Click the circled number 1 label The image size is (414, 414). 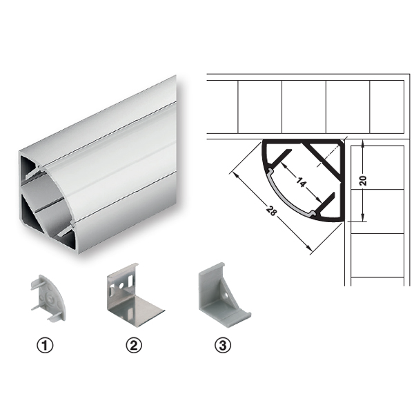tap(45, 346)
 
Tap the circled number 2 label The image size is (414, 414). tap(134, 346)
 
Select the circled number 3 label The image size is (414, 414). tap(223, 346)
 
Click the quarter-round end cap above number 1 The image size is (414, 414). tap(48, 297)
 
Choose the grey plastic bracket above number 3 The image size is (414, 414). tap(223, 295)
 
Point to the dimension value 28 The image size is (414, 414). tap(271, 210)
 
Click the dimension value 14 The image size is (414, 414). tap(301, 182)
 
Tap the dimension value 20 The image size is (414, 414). tap(363, 180)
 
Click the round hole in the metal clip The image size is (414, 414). tap(121, 285)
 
